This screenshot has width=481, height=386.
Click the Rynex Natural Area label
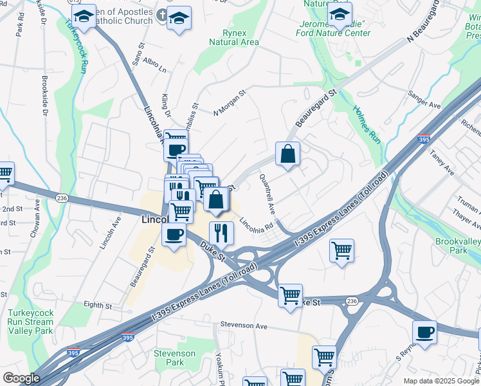point(234,37)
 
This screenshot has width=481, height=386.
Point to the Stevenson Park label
point(174,358)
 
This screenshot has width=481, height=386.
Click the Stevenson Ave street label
point(243,326)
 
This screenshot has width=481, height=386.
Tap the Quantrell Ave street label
point(267,194)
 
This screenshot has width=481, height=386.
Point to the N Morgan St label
point(230,104)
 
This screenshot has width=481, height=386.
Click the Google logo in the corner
point(21,378)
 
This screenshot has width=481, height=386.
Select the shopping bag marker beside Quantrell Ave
point(287,154)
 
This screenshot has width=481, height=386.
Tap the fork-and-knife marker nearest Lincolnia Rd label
point(221,233)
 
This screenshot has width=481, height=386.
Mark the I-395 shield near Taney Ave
point(423,138)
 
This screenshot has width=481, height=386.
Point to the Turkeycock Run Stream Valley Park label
point(30,322)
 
